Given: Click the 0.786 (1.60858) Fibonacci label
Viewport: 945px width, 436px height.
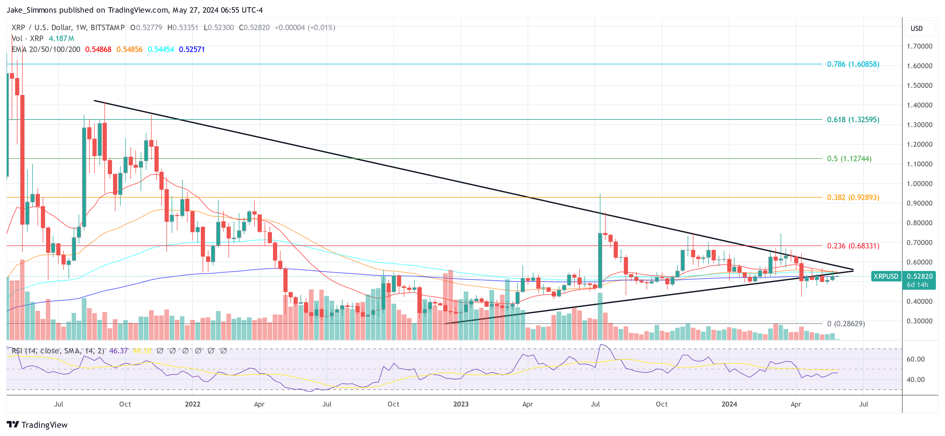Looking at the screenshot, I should point(853,64).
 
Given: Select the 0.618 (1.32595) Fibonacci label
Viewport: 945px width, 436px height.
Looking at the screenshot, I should point(853,119).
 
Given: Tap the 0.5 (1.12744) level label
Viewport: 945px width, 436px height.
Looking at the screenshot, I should point(849,159).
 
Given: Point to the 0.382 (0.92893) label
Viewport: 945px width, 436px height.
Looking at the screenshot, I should point(853,197).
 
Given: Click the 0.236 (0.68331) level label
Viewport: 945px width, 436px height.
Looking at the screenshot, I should point(853,246).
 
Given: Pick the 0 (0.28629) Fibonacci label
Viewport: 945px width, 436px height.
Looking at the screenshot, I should point(845,324).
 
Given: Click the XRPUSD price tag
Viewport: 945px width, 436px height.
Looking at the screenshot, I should point(886,276).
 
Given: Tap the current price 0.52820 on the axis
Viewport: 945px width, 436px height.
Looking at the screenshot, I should point(919,276).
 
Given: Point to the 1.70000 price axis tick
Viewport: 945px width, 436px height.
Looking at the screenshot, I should point(919,46).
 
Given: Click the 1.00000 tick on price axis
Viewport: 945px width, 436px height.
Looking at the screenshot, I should point(919,183).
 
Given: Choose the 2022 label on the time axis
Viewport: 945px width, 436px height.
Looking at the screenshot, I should point(192,404).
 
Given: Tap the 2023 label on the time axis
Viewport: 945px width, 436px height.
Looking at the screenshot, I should point(461,404).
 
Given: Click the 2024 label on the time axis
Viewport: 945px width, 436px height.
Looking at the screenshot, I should point(729,404).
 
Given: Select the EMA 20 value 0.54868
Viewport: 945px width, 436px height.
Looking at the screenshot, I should point(98,49).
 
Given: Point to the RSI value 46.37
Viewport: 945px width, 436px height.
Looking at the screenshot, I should point(119,351).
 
